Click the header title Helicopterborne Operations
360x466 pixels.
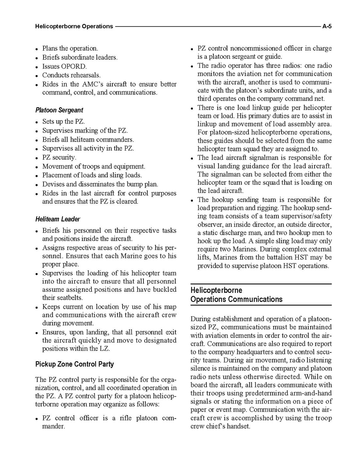74,26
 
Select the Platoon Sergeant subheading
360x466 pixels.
59,110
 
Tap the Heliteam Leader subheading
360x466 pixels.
58,219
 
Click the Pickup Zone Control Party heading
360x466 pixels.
74,364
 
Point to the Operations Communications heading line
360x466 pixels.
236,300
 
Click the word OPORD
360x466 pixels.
74,66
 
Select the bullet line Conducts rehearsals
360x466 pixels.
71,75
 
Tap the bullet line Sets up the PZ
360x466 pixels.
63,122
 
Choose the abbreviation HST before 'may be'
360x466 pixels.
310,258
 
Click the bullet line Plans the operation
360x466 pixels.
70,49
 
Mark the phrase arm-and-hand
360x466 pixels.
280,393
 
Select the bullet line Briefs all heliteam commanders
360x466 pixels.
88,140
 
